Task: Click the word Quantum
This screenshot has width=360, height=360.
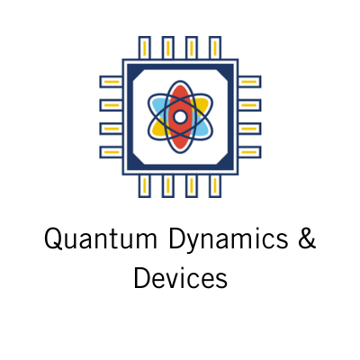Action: (101, 238)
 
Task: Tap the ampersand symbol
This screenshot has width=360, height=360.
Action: (307, 238)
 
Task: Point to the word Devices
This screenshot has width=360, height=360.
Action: (180, 277)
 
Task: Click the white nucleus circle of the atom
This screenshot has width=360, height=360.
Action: (180, 117)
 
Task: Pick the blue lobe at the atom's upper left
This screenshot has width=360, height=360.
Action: (157, 104)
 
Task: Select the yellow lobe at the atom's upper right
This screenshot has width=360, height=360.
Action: (202, 104)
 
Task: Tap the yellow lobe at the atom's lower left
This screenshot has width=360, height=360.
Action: (158, 129)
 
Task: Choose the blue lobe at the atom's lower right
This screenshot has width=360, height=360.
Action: (202, 129)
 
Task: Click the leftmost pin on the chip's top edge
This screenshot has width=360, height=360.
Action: (144, 48)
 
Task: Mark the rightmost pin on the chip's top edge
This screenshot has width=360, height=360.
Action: (215, 48)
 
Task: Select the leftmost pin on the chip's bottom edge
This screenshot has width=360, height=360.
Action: (144, 186)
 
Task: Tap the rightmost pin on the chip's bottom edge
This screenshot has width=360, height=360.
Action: (215, 186)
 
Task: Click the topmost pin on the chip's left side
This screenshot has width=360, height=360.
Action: (111, 82)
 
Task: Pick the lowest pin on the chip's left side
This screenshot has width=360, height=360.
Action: (111, 152)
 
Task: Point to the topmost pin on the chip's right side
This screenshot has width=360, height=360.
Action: (249, 82)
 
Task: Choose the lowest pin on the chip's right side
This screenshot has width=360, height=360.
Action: (249, 152)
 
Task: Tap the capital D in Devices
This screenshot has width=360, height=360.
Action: (142, 277)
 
